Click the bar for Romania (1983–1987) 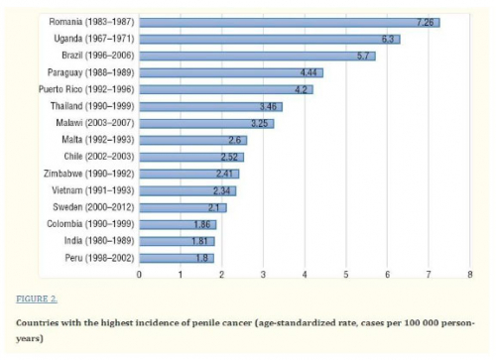tap(290, 23)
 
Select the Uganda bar tap(270, 40)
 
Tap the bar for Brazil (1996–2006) tap(258, 57)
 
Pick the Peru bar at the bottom tap(177, 258)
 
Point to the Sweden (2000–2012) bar tap(184, 207)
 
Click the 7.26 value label tap(425, 23)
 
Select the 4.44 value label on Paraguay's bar tap(309, 72)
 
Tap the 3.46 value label tap(268, 106)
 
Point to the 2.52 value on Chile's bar tap(229, 157)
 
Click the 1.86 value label tap(202, 224)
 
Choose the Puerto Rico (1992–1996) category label tap(86, 89)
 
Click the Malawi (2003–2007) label tap(95, 123)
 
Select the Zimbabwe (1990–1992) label tap(89, 174)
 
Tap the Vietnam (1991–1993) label tap(93, 190)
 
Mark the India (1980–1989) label tap(99, 241)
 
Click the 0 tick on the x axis tap(139, 275)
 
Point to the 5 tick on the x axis tap(346, 275)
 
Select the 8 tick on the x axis tap(470, 275)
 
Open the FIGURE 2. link tap(37, 300)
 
